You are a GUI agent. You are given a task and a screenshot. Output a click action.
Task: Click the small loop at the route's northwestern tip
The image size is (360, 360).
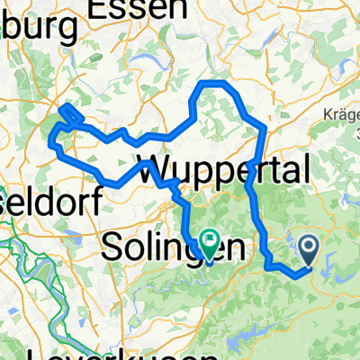pos(70,114)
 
